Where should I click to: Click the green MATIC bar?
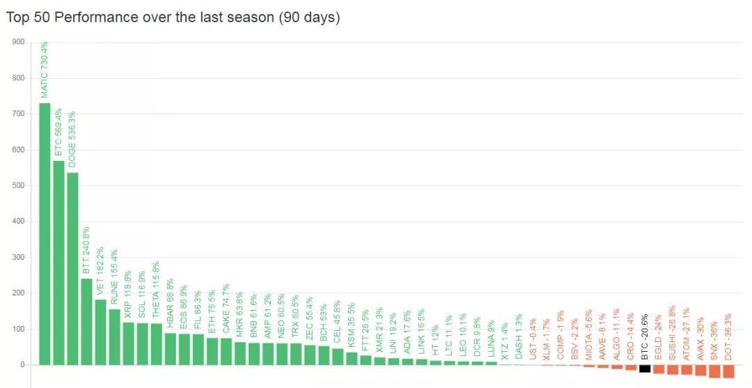(45, 233)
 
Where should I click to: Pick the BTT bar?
(86, 321)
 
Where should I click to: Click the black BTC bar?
(645, 368)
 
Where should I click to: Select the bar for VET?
(100, 332)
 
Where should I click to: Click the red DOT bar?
(728, 371)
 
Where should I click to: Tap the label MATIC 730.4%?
(45, 70)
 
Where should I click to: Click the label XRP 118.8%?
(128, 295)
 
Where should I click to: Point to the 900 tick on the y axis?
(18, 42)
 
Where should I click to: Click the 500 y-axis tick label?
(18, 185)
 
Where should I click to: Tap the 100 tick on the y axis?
(18, 329)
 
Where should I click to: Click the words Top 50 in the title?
(28, 17)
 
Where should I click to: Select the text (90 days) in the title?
(309, 17)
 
